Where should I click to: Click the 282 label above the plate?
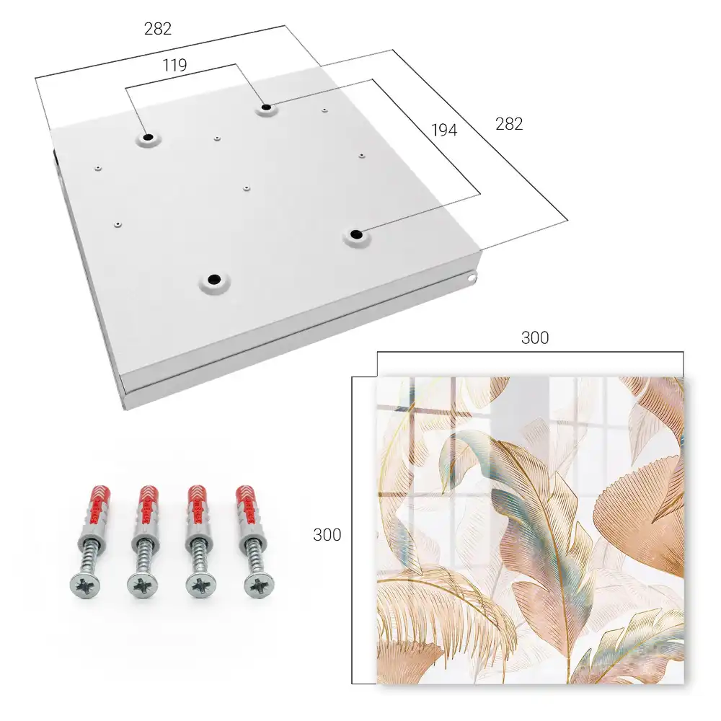tap(158, 29)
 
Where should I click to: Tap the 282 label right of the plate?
tap(509, 124)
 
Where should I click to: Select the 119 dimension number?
tap(174, 66)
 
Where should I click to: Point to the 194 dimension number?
tap(444, 130)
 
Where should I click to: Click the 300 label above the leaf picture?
tap(535, 338)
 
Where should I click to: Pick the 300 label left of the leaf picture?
tap(327, 535)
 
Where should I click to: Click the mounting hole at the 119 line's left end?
tap(148, 138)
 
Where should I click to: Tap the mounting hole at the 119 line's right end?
tap(266, 108)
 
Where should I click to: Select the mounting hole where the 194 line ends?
tap(355, 234)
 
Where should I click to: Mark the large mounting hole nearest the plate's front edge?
tap(214, 279)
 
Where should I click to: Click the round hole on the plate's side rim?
tap(472, 278)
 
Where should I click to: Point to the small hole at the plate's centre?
tap(247, 188)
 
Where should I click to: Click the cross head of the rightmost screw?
tap(259, 585)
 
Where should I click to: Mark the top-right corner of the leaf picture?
tap(684, 378)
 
